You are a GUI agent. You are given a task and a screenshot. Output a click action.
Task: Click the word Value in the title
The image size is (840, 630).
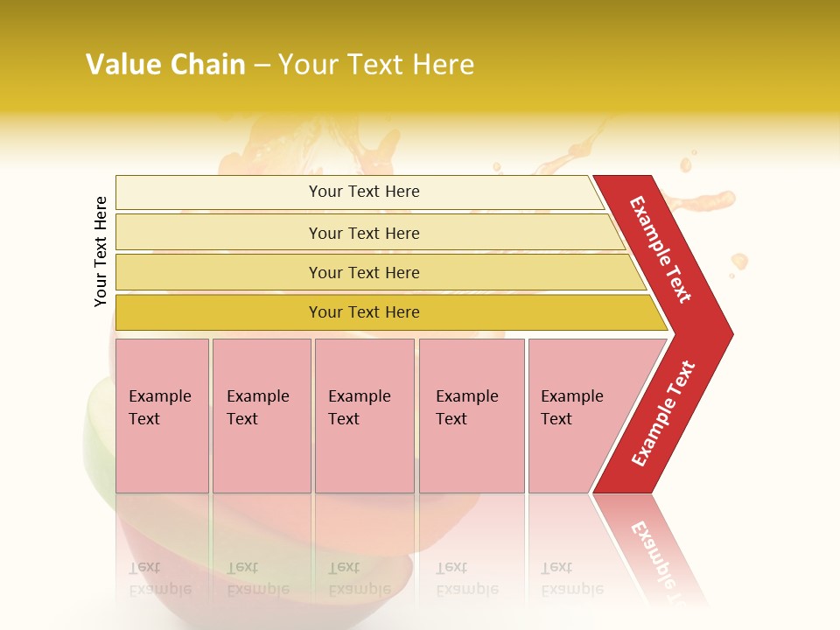(122, 65)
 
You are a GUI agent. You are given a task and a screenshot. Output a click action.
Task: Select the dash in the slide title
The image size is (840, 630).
(262, 66)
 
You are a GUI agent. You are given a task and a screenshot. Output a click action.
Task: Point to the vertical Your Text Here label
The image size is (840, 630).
(101, 252)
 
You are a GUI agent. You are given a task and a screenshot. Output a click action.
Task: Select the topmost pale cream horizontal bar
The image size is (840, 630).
(359, 192)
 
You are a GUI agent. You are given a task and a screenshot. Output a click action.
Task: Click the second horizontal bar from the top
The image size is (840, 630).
(367, 233)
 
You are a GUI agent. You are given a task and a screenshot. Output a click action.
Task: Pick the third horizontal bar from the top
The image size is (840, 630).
(376, 272)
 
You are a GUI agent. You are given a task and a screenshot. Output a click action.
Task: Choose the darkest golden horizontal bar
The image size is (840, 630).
(385, 312)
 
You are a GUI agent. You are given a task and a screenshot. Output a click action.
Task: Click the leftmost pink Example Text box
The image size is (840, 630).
(162, 416)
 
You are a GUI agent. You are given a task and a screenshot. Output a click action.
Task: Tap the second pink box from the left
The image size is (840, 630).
(262, 416)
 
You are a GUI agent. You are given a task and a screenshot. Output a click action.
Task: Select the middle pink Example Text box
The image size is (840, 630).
(364, 416)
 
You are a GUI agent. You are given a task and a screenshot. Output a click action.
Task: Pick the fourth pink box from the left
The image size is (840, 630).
(472, 416)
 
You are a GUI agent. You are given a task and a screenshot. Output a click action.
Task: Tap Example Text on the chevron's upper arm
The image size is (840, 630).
(661, 250)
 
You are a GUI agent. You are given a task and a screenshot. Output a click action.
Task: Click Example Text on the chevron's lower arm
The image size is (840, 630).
(663, 413)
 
